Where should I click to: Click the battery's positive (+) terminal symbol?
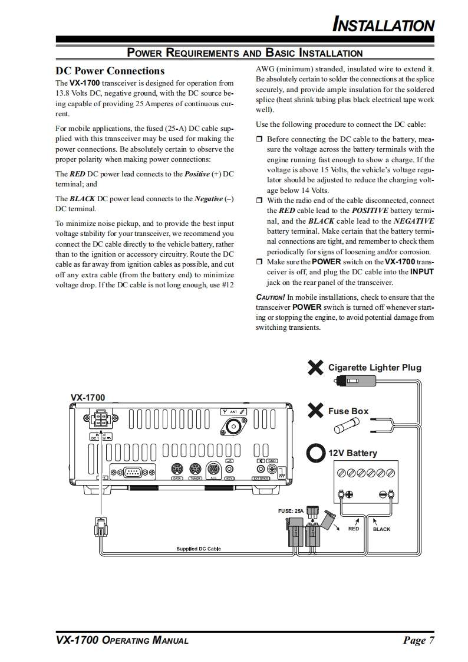click(349, 494)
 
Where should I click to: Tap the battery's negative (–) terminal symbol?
click(384, 494)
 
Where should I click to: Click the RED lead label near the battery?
click(354, 529)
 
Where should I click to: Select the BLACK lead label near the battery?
click(381, 529)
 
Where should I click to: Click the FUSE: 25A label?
click(291, 511)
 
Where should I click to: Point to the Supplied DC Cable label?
click(198, 549)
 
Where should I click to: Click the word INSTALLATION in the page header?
click(384, 25)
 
